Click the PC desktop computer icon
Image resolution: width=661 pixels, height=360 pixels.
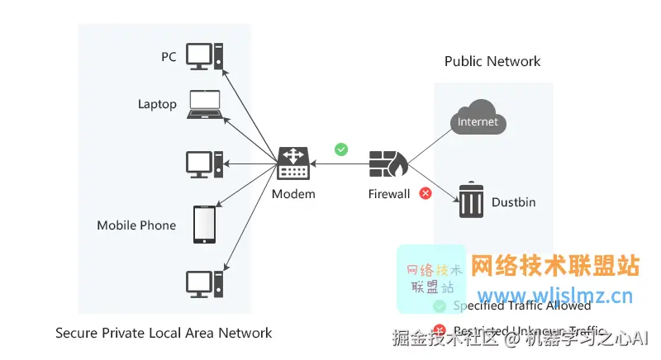(204, 57)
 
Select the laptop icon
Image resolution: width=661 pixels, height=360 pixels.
(205, 105)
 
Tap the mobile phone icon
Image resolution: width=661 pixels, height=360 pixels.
(204, 225)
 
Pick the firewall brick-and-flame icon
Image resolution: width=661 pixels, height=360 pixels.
(388, 165)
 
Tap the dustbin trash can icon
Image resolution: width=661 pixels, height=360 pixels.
(471, 201)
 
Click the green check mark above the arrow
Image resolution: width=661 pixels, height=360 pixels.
(341, 149)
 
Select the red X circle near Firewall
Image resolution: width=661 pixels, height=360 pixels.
(426, 193)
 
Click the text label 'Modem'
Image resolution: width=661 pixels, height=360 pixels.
(293, 194)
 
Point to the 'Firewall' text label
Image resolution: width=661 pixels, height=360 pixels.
(389, 194)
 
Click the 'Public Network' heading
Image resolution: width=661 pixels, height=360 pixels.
(492, 61)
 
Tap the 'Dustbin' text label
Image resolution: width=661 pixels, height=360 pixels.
(514, 201)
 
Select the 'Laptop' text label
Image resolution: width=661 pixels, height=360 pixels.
(157, 105)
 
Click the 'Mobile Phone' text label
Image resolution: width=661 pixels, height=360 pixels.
(136, 225)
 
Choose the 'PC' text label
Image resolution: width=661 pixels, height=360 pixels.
(169, 57)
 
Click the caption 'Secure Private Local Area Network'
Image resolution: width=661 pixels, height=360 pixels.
(164, 334)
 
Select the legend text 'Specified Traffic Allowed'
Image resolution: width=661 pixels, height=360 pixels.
(522, 306)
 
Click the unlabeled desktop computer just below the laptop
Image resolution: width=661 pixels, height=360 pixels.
(204, 164)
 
